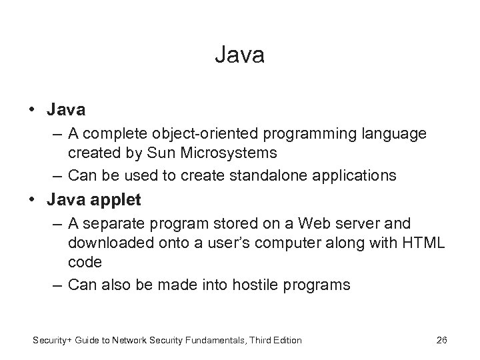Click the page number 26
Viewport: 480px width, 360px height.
click(x=441, y=341)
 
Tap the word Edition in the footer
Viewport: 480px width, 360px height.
click(x=285, y=341)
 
